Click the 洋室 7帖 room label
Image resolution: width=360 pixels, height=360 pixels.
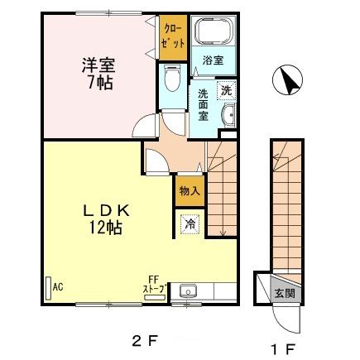pos(98,73)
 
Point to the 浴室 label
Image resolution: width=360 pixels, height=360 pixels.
pos(214,59)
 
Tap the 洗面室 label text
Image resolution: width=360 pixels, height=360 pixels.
pos(203,104)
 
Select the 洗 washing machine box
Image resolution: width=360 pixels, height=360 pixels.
pos(227,91)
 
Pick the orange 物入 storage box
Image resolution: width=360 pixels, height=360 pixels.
pos(190,190)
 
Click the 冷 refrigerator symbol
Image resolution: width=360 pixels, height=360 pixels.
pos(190,223)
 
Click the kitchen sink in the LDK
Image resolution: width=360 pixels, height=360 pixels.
pos(189,290)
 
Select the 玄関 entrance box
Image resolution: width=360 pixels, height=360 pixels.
pos(284,293)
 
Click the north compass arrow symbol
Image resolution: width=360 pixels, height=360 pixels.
pos(287,80)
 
